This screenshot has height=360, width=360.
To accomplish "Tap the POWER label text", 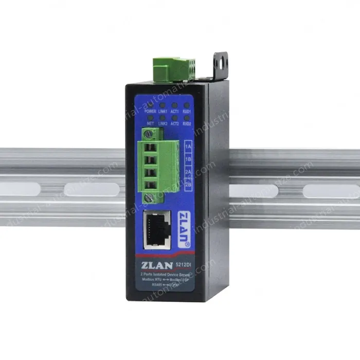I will tap(150, 111).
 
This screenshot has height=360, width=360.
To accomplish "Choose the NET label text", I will tap(151, 124).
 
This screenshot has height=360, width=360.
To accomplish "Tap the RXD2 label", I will tap(187, 124).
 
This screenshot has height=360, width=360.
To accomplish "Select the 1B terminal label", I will tap(188, 159).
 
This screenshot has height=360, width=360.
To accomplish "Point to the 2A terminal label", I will tap(188, 172).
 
